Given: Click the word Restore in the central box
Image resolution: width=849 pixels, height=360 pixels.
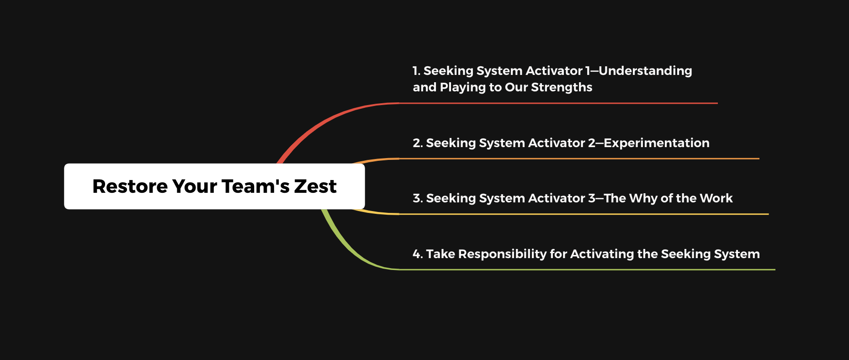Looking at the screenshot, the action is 130,186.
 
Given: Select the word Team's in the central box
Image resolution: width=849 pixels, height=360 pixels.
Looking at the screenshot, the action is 255,186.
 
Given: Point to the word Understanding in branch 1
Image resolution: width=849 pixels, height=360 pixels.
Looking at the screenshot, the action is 645,71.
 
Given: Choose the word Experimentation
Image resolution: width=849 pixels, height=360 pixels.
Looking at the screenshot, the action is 657,143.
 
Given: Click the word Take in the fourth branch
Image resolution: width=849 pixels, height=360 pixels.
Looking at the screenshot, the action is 440,254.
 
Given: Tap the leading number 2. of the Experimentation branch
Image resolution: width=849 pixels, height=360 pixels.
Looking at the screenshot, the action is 418,143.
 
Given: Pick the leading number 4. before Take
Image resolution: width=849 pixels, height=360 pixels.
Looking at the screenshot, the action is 418,254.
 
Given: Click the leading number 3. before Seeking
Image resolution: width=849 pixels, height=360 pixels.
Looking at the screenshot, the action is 418,198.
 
